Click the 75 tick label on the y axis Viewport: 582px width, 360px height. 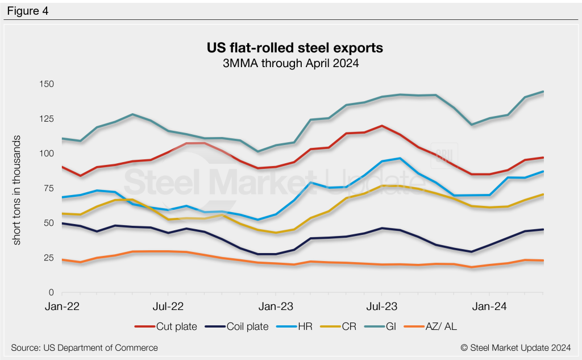(48, 188)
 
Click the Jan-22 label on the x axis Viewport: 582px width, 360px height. (63, 306)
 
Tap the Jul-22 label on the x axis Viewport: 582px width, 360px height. (168, 306)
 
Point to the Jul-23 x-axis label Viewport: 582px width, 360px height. (381, 306)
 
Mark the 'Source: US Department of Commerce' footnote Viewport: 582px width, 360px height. (84, 347)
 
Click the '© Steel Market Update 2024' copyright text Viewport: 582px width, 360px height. (516, 347)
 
